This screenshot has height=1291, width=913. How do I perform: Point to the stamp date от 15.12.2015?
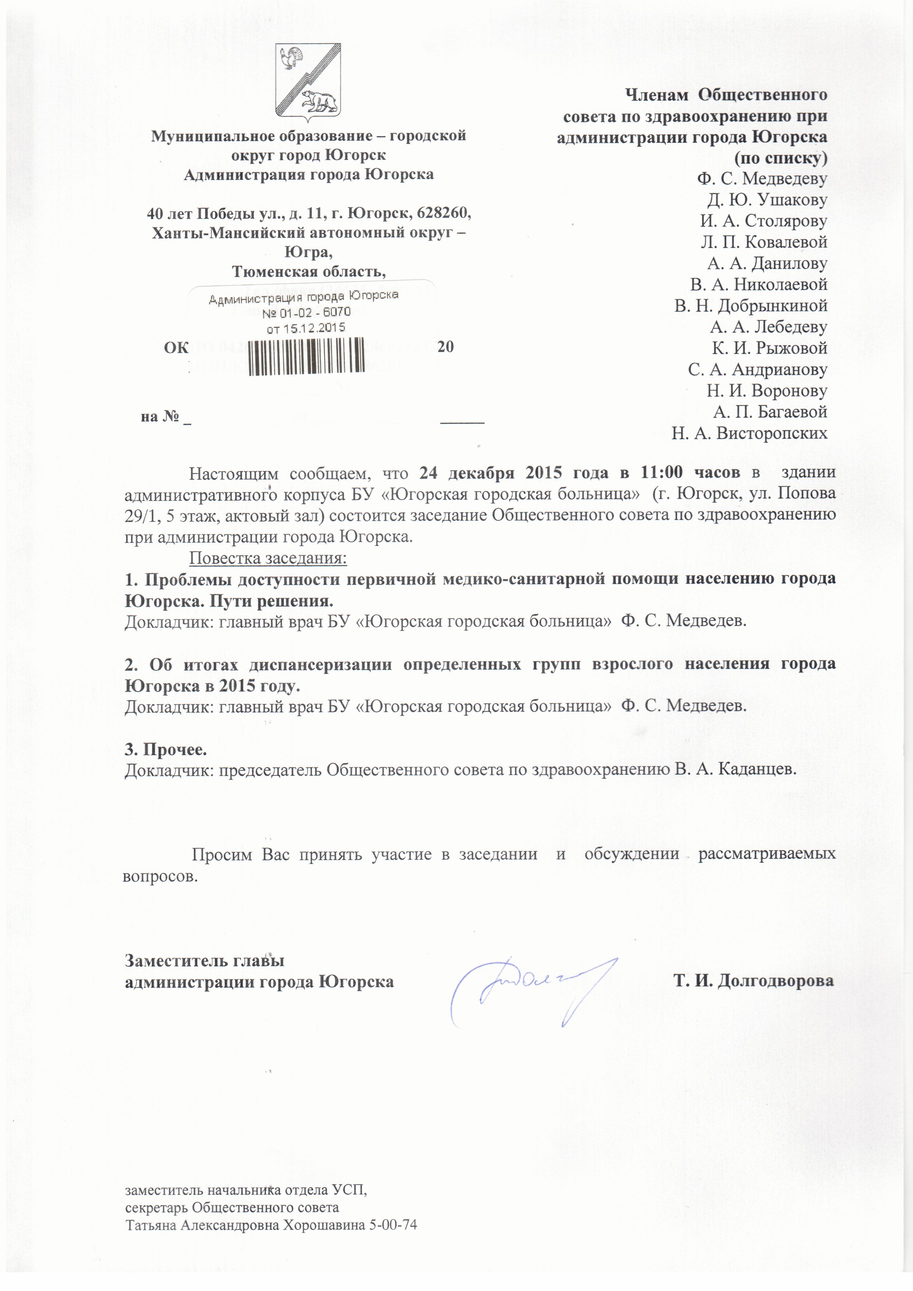[306, 327]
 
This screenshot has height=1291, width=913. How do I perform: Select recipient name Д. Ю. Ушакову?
[767, 199]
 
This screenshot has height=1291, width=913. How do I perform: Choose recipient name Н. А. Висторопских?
[749, 433]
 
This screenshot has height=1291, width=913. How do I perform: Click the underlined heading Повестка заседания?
[268, 558]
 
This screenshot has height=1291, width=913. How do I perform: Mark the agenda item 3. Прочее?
[166, 750]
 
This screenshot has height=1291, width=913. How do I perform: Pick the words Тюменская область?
[309, 272]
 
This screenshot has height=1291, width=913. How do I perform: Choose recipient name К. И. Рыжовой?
[769, 348]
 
